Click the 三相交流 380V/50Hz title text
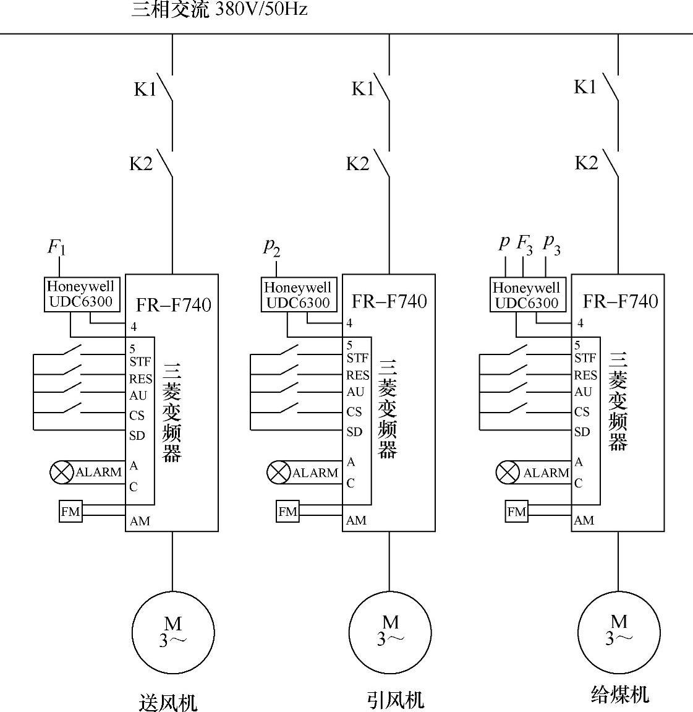pyautogui.click(x=219, y=10)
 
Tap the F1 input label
pyautogui.click(x=56, y=247)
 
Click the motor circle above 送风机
pyautogui.click(x=172, y=633)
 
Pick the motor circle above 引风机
pyautogui.click(x=389, y=632)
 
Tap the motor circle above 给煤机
pyautogui.click(x=618, y=632)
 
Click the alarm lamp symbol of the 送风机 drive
pyautogui.click(x=61, y=473)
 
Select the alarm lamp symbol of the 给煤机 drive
pyautogui.click(x=508, y=473)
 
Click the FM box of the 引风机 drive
pyautogui.click(x=287, y=512)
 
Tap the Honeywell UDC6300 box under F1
pyautogui.click(x=80, y=294)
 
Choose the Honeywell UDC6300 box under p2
pyautogui.click(x=298, y=294)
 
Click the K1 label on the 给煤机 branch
pyautogui.click(x=585, y=87)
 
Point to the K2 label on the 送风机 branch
pyautogui.click(x=141, y=164)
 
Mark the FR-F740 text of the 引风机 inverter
pyautogui.click(x=389, y=301)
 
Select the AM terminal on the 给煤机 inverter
pyautogui.click(x=584, y=520)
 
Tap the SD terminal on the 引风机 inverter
pyautogui.click(x=354, y=432)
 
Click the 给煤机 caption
pyautogui.click(x=619, y=695)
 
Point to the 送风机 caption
pyautogui.click(x=168, y=703)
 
